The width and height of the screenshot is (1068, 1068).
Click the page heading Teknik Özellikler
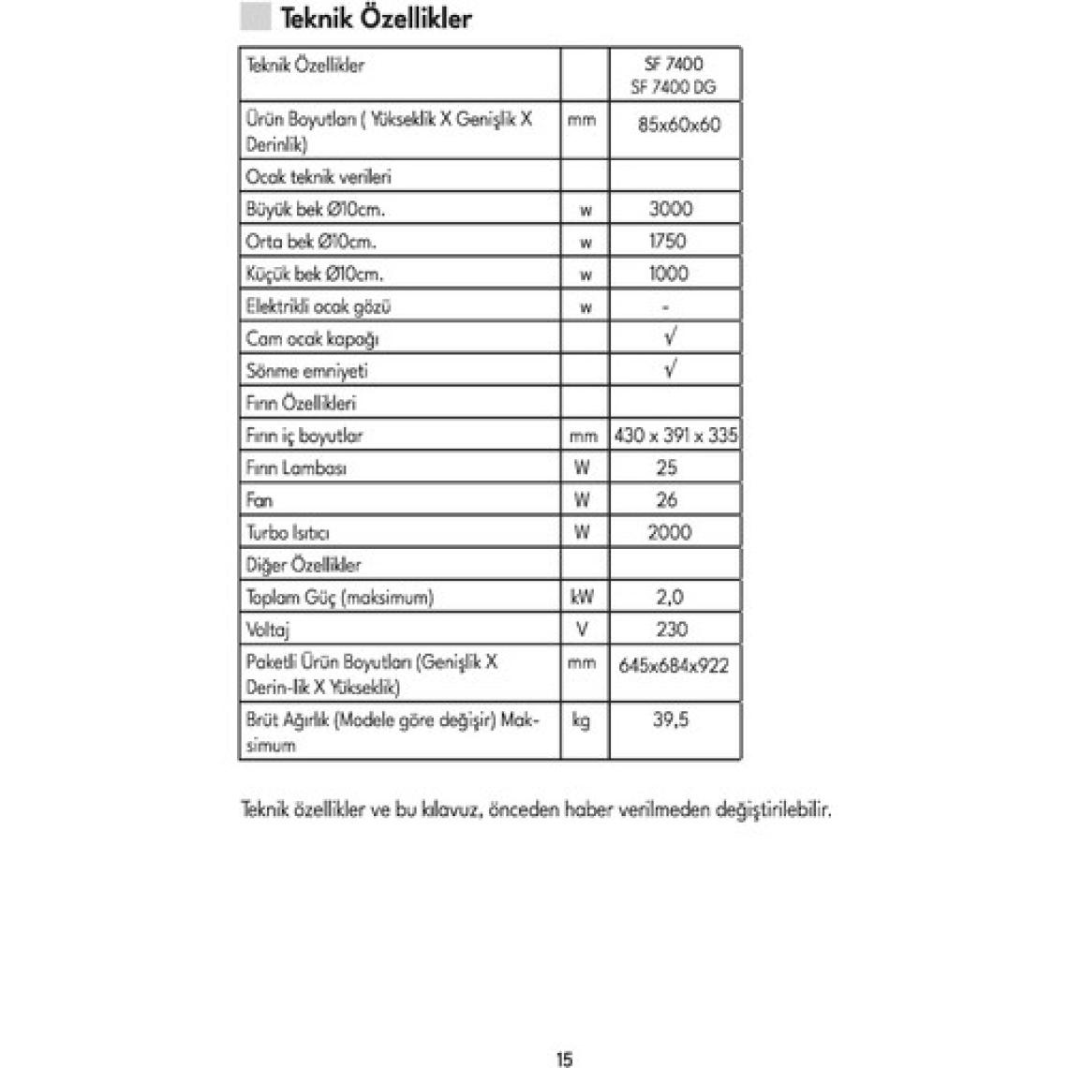(x=376, y=18)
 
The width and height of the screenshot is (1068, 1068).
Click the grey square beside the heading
(x=256, y=17)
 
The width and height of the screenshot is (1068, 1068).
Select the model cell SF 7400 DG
(x=674, y=87)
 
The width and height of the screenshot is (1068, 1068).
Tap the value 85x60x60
(x=678, y=125)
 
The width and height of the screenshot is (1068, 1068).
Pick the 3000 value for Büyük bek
(x=671, y=209)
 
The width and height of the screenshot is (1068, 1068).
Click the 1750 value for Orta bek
(x=668, y=241)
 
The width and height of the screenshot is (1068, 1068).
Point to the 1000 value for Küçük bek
(x=669, y=274)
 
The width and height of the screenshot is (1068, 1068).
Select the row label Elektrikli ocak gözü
(x=319, y=306)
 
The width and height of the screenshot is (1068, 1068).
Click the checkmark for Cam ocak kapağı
(x=670, y=336)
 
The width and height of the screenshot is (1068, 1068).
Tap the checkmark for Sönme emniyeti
(x=670, y=369)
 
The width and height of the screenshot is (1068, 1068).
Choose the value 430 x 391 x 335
(x=675, y=436)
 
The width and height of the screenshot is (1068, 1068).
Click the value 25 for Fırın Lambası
(x=667, y=467)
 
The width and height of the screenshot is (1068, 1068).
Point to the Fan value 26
(x=667, y=500)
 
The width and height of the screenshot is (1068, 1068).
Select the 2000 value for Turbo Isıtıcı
(x=670, y=532)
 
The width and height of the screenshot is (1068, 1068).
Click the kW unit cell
(x=582, y=597)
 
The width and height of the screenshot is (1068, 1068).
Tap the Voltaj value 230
(x=672, y=630)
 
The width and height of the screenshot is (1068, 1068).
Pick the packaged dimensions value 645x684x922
(x=674, y=666)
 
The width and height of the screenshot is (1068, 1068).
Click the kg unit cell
(x=581, y=720)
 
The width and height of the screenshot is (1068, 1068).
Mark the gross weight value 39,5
(x=671, y=719)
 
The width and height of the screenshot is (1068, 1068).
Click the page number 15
(x=564, y=1060)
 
